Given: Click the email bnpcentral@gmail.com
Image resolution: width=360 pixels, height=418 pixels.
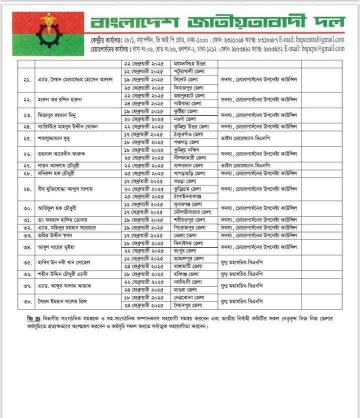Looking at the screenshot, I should (x=316, y=39).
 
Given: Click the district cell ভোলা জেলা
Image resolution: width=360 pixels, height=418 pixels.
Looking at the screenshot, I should (x=184, y=235).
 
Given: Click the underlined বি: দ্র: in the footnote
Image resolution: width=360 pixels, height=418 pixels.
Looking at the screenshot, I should (x=33, y=318).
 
